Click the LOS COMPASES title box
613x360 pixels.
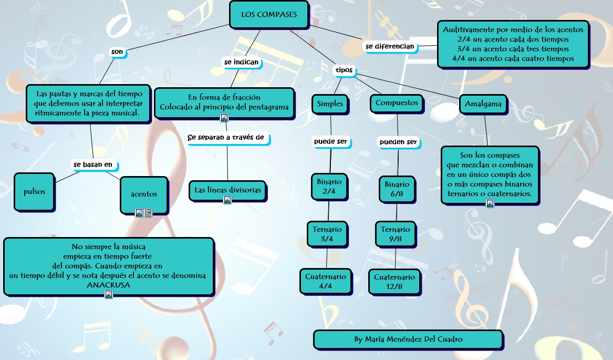269,14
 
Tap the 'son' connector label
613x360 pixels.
117,52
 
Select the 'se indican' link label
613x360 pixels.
242,62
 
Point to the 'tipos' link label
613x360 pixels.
344,70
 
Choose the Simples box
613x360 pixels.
330,104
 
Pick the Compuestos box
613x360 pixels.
397,103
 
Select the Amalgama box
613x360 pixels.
483,104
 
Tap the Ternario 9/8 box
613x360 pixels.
396,234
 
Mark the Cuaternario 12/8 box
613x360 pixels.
394,282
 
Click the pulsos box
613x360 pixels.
35,192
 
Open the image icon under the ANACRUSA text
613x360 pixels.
109,294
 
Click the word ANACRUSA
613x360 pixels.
108,285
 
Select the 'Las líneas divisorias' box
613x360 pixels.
227,190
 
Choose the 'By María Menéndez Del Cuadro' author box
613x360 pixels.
408,340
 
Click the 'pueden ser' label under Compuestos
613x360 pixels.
398,142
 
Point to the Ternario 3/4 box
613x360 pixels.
327,234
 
